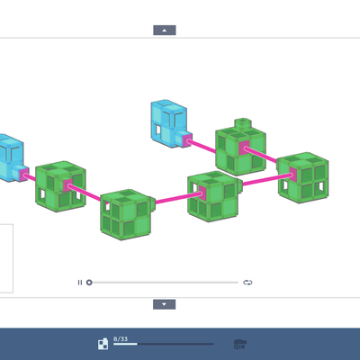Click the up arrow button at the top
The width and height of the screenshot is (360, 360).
click(165, 31)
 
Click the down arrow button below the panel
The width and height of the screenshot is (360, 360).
click(164, 304)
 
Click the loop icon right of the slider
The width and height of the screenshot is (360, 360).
click(247, 283)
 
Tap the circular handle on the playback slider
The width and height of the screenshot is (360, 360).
click(89, 283)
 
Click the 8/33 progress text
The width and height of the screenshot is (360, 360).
click(121, 339)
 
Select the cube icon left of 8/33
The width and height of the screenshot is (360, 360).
click(103, 344)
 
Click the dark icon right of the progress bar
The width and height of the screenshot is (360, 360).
click(240, 344)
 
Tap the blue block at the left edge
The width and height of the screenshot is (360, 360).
click(12, 158)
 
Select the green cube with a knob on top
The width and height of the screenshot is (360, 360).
click(240, 148)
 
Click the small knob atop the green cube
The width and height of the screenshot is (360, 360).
click(243, 123)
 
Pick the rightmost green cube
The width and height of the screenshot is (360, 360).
click(303, 178)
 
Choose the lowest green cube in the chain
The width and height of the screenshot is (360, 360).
click(127, 215)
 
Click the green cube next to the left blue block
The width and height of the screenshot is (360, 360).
click(60, 186)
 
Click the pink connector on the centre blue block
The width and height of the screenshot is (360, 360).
click(187, 140)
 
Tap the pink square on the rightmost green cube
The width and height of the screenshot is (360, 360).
click(293, 175)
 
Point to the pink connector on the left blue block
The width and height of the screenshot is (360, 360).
click(24, 175)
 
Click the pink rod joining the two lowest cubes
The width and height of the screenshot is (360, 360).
click(178, 198)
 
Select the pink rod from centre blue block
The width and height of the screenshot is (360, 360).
click(202, 146)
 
